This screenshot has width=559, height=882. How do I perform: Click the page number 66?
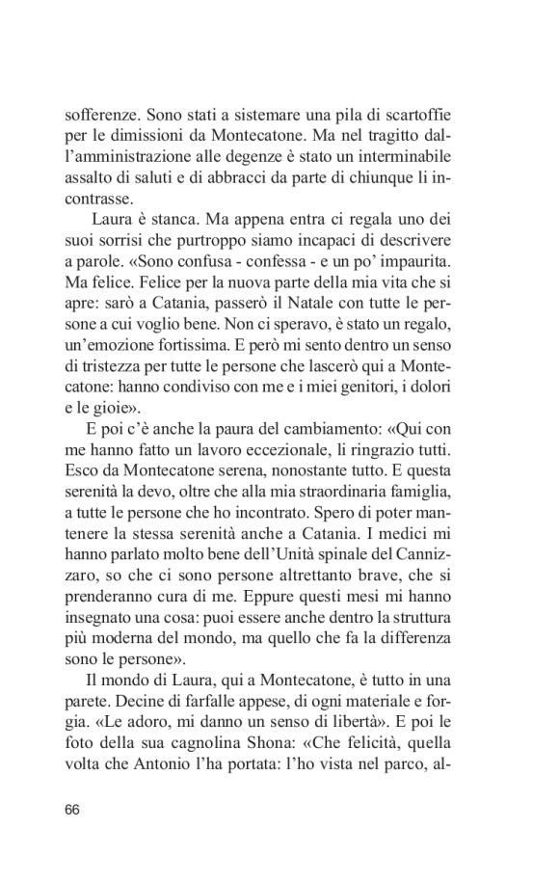click(72, 808)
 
